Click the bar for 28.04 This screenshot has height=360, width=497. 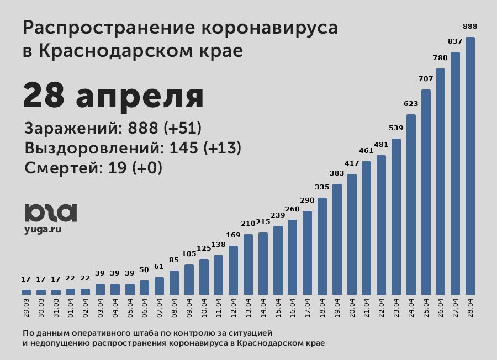coord(470,166)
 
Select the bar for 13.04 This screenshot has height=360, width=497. coord(248,264)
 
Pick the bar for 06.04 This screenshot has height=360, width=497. coord(144,288)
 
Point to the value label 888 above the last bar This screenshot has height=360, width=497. coord(470,26)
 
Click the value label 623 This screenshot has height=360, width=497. coord(411,103)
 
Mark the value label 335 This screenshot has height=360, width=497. coord(322,187)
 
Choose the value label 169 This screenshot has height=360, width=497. coord(233,235)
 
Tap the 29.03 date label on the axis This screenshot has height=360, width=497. coord(27,309)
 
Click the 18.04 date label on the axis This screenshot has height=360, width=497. coord(322,309)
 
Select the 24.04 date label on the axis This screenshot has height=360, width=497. coord(411,309)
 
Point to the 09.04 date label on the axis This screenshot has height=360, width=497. coord(189,309)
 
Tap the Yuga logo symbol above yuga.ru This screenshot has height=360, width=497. coord(50,213)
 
